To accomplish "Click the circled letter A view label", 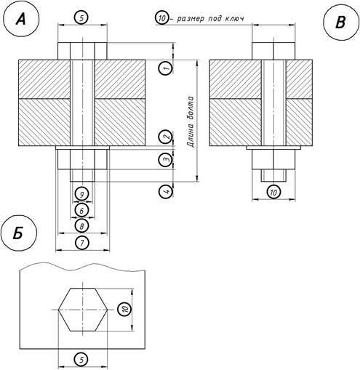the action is point(21,19).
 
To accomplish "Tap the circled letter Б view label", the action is point(19,233).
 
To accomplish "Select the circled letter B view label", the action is point(341,23).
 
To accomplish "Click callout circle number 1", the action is point(166,68).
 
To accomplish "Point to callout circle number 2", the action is point(166,137).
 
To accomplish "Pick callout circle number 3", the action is point(166,160).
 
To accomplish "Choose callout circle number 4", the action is point(166,192).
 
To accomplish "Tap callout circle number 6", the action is point(81,211).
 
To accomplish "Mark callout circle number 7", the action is point(82,243).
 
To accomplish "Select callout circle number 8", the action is point(82,226).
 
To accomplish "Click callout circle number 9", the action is point(82,194).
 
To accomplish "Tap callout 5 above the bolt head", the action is point(81,17).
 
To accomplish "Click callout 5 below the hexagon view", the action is point(81,360).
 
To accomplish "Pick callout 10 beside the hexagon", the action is point(124,309).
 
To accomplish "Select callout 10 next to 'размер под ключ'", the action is point(161,18).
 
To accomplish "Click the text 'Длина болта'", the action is point(191,122).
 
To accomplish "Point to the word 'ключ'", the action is point(234,19).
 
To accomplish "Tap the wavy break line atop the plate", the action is point(82,268).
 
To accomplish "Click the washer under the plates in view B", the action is point(273,148).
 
